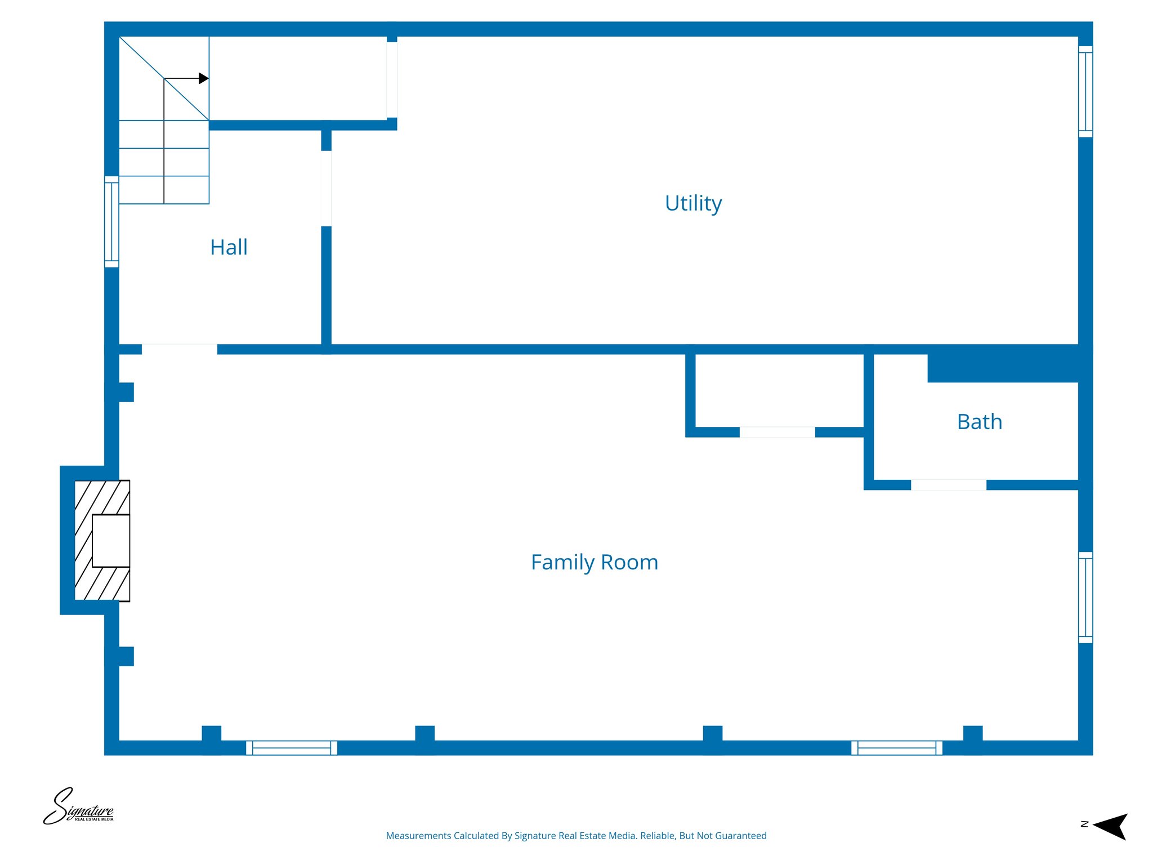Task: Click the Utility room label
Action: (x=693, y=203)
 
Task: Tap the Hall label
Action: (x=229, y=247)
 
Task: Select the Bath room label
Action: (x=980, y=422)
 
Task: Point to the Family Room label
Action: (x=595, y=562)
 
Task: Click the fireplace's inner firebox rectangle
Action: (x=111, y=541)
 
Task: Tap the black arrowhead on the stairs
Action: (x=203, y=78)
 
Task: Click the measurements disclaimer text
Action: (x=576, y=836)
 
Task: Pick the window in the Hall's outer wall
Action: (x=111, y=221)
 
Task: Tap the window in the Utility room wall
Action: (x=1085, y=92)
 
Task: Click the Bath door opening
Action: (x=949, y=485)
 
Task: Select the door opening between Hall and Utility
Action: (x=326, y=188)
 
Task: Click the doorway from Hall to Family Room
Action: (x=179, y=349)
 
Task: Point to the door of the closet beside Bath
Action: (x=777, y=432)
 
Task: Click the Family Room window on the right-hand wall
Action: (x=1085, y=598)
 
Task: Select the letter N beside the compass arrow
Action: (x=1084, y=824)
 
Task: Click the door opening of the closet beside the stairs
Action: (x=392, y=79)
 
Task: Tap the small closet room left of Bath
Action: (x=779, y=390)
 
